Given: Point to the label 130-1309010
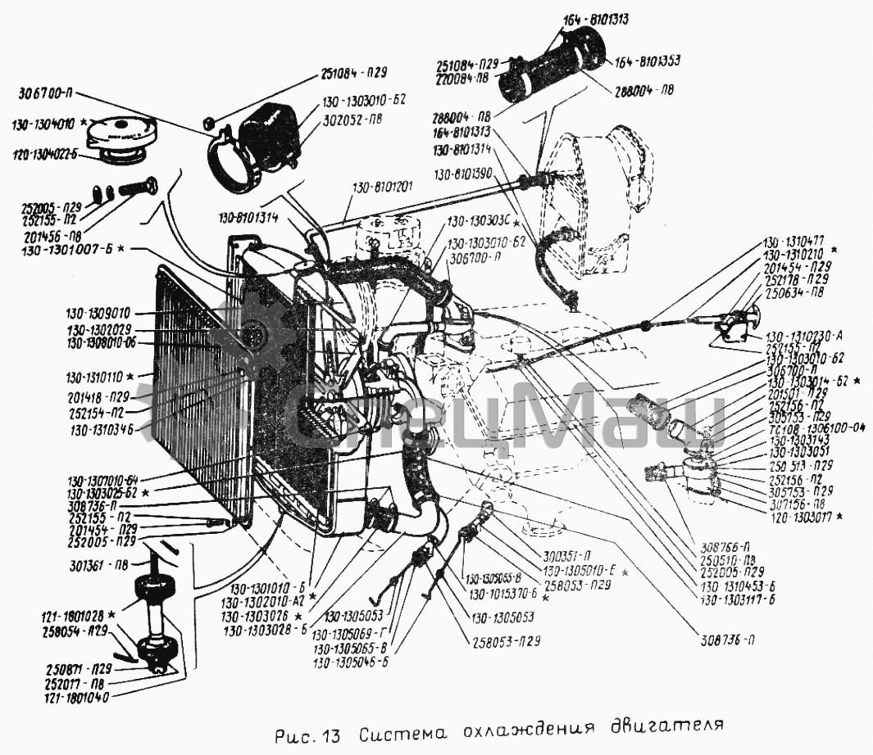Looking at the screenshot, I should (x=101, y=314).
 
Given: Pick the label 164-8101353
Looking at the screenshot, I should (x=648, y=61).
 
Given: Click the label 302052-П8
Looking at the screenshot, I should (x=352, y=119).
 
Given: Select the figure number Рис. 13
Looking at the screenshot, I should (x=305, y=731).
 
